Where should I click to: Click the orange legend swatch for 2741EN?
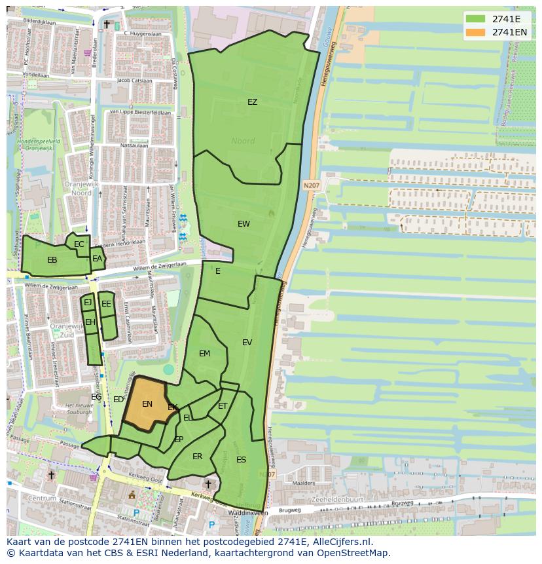(x=476, y=32)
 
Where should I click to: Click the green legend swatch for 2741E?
(x=476, y=19)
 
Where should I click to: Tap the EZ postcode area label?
(x=252, y=102)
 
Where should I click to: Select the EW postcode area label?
(x=244, y=224)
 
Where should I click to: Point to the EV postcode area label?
(x=247, y=343)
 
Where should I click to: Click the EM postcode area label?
(x=204, y=354)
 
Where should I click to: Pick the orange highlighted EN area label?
(x=147, y=404)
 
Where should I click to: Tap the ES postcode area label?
(x=241, y=460)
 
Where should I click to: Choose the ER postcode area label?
(x=197, y=457)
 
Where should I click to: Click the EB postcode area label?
(x=52, y=260)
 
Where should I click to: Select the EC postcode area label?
(x=79, y=244)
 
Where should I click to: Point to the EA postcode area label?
(x=97, y=259)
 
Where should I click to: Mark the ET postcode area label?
(x=223, y=407)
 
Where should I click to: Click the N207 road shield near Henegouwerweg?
(x=312, y=186)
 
